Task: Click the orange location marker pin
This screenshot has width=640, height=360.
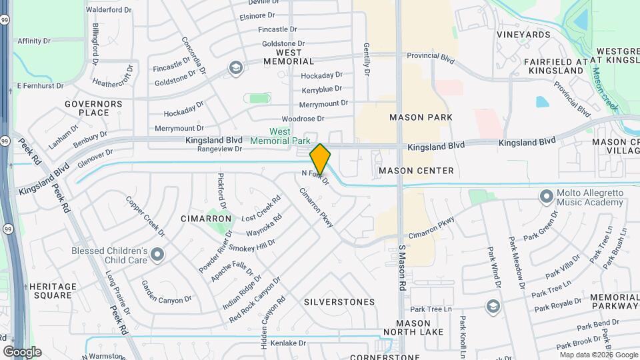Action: point(320,159)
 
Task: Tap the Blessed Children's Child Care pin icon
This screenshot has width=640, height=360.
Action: point(157,253)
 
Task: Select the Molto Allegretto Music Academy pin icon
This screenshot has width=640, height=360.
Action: point(547,196)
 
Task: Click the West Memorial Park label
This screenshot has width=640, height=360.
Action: point(280,136)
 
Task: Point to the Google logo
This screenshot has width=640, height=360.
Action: point(22,351)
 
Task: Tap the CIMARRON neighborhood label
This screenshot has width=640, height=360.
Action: point(206,218)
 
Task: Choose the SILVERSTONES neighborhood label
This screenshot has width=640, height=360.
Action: point(339,302)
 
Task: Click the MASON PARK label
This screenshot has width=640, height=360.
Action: point(421,117)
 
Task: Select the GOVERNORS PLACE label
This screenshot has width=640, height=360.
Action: point(93,108)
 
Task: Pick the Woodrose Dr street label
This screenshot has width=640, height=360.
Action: point(302,119)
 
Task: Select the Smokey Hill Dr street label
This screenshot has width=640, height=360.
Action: point(251,246)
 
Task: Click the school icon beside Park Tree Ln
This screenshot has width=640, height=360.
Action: point(493,306)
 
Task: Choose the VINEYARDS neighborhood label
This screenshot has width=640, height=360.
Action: point(523,35)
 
